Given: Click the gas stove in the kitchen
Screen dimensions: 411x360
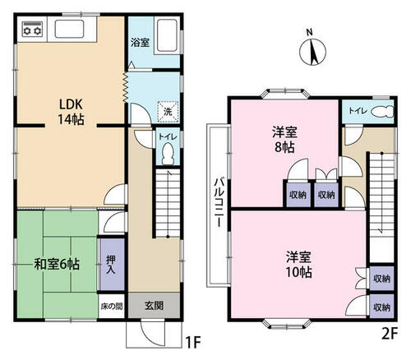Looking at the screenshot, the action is click(x=33, y=30).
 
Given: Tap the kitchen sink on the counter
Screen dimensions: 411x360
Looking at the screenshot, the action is click(x=69, y=29).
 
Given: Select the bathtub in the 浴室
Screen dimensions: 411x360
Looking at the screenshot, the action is click(x=167, y=35).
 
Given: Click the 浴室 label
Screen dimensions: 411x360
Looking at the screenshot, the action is click(x=140, y=43).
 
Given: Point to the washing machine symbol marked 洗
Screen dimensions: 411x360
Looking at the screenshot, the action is click(x=168, y=111).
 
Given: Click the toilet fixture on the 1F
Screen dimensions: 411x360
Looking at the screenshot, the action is click(x=168, y=154).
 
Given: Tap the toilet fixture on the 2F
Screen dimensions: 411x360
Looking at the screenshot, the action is click(x=382, y=111).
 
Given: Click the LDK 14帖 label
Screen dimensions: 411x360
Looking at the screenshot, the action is click(x=71, y=112).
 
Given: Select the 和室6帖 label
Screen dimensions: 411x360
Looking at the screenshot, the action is click(x=57, y=265).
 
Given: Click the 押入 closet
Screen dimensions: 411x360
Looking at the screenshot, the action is click(x=111, y=265).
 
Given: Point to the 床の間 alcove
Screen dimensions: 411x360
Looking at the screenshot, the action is click(x=111, y=306).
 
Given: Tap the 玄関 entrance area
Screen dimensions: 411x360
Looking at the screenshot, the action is click(x=154, y=305).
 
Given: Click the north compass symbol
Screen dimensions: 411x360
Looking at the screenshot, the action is click(x=312, y=52).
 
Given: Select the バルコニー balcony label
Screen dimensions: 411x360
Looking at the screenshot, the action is click(x=219, y=202).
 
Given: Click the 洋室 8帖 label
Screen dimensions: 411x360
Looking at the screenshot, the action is click(x=284, y=140).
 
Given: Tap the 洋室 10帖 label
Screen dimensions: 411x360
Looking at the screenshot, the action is click(x=298, y=265).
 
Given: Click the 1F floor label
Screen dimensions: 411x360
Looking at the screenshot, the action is click(x=193, y=342).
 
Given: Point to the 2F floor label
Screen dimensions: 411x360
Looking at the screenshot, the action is click(x=390, y=334).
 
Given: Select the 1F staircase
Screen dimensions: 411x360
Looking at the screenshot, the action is click(x=168, y=203).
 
